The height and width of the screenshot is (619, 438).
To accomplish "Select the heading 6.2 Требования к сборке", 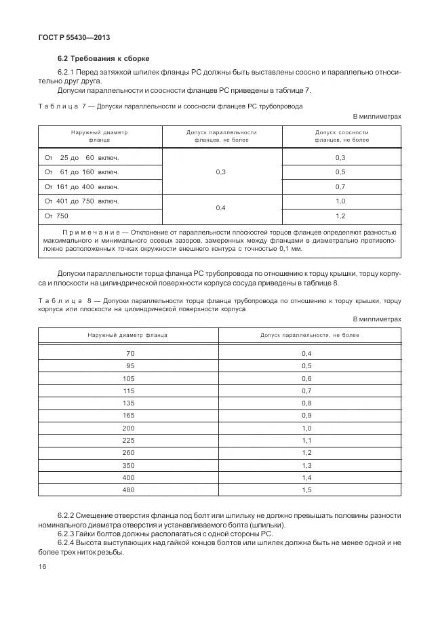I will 103,58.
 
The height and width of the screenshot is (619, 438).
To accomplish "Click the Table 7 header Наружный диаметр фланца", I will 99,136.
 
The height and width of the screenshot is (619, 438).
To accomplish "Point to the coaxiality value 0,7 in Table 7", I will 340,186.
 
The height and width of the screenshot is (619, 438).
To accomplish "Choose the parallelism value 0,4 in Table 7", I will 221,208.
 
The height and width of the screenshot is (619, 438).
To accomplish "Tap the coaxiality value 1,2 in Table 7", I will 340,216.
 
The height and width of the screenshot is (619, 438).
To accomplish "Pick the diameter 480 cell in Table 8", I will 129,490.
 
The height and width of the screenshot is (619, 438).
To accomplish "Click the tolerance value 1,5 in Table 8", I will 306,490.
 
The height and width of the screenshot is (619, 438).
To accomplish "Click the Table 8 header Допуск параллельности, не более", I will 309,335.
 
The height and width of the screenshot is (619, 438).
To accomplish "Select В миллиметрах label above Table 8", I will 378,319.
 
